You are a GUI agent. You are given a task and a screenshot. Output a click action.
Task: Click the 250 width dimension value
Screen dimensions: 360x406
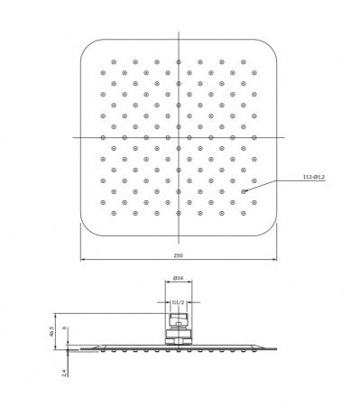tap(178, 255)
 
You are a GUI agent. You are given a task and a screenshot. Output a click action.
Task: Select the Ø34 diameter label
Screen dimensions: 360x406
tap(179, 279)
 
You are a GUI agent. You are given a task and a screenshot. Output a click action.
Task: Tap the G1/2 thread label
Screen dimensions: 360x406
tap(178, 302)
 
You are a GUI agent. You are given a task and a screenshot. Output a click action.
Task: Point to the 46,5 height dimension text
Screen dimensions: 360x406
tap(51, 331)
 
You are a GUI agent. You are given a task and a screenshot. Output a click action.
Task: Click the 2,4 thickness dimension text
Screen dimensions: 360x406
tap(63, 374)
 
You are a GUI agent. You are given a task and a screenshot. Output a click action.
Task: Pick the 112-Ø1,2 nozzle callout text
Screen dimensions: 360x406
tap(314, 177)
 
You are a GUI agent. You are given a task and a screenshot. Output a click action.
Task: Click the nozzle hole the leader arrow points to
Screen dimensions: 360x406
tap(244, 191)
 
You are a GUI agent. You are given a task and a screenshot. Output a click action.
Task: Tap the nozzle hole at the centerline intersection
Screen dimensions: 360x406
tap(179, 137)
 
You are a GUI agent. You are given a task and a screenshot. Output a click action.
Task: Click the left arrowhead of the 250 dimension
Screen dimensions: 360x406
tap(82, 259)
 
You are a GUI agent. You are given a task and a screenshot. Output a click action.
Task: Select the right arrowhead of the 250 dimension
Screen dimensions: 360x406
tap(274, 259)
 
